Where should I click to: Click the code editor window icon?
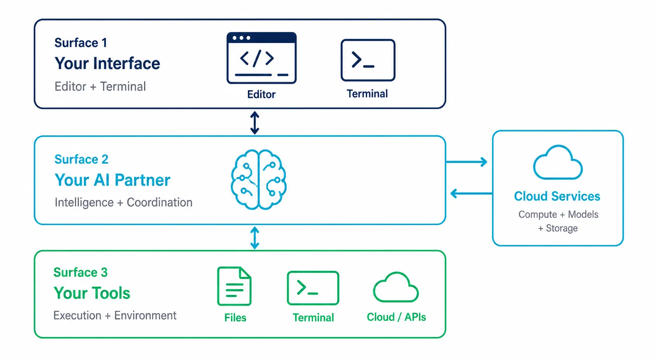262,58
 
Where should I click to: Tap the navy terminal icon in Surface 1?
368,60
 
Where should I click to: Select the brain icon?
258,179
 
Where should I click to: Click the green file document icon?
234,286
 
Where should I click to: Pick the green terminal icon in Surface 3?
313,288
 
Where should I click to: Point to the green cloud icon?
396,287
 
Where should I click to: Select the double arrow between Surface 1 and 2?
255,123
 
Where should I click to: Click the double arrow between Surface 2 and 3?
255,238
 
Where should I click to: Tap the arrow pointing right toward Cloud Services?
467,162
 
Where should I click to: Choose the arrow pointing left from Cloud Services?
471,193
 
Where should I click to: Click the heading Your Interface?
107,64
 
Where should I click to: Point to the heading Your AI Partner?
112,180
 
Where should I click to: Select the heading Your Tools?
92,293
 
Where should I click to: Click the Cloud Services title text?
557,196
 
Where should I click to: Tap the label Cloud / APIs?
396,317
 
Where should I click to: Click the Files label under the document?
235,317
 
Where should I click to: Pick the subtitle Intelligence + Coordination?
124,202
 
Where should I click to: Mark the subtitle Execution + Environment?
115,315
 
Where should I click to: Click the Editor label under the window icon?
261,94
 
